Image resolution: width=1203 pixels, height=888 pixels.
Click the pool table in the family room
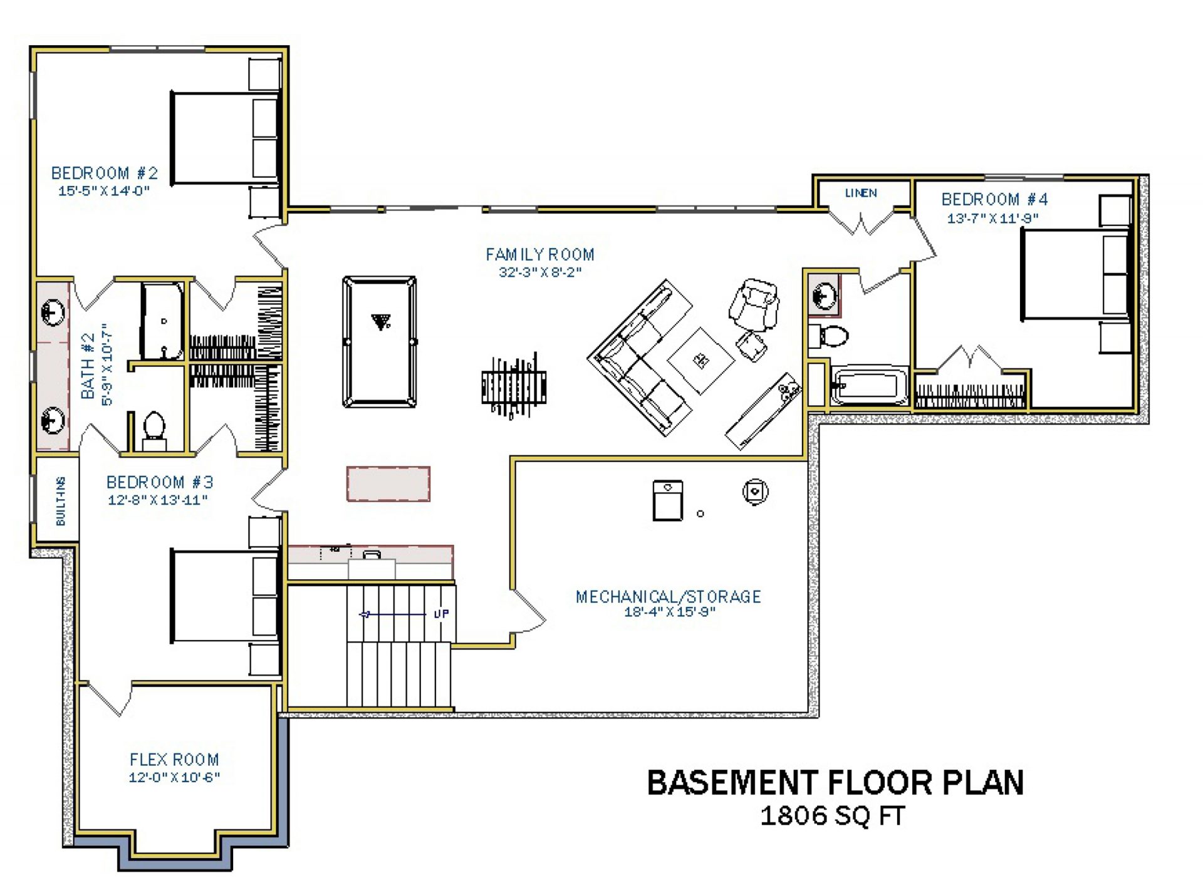[379, 342]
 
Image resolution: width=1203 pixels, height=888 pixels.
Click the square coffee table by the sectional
[700, 361]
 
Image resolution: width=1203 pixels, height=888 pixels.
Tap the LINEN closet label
[861, 193]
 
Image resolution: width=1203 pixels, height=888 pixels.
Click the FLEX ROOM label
[174, 760]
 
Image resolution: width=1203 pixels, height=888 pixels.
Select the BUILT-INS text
[60, 501]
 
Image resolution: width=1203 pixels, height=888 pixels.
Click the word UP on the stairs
[441, 614]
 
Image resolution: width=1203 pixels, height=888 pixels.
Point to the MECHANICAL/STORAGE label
[669, 597]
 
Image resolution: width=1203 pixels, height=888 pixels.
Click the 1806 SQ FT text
[833, 816]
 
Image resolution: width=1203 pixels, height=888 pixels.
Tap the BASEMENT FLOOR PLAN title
[835, 783]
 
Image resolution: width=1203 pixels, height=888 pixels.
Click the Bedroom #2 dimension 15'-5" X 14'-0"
[104, 191]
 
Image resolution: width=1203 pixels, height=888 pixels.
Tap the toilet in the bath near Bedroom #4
[828, 336]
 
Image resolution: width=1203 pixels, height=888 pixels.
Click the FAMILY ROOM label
[540, 254]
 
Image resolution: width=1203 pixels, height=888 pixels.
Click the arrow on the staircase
[392, 614]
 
